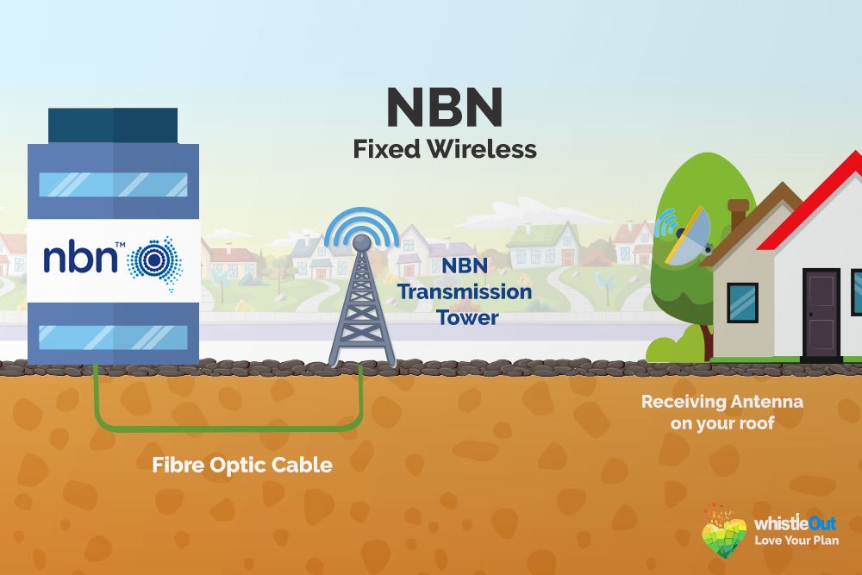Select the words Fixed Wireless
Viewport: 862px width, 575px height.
click(444, 149)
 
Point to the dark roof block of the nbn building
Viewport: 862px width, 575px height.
click(112, 126)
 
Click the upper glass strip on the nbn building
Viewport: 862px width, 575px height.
click(114, 184)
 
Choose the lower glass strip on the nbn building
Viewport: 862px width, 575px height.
click(114, 337)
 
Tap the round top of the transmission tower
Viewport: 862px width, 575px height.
click(361, 243)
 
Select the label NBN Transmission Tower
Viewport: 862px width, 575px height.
click(464, 291)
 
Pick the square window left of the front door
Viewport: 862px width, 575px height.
click(742, 302)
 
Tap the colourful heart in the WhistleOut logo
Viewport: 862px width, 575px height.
click(724, 531)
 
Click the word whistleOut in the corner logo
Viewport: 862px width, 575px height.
click(795, 523)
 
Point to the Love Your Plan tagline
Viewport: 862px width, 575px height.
click(796, 541)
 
